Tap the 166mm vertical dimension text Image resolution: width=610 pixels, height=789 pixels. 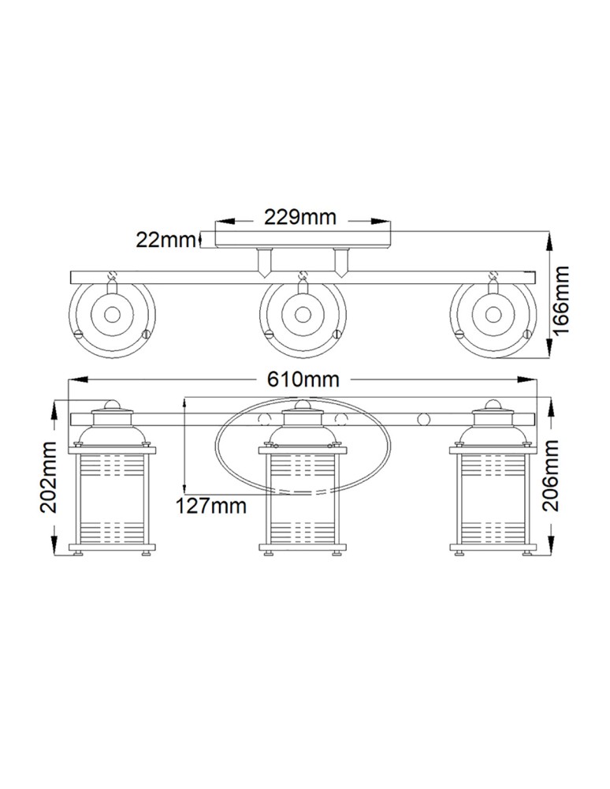pos(560,299)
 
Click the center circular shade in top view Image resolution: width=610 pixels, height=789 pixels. pos(302,314)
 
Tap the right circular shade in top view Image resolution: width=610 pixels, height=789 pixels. pos(493,314)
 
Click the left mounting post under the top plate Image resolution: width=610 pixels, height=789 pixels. pos(263,262)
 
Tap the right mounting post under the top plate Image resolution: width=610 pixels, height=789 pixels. pos(340,262)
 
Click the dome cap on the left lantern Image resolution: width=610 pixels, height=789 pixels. pos(112,406)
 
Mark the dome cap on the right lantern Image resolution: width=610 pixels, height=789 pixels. pos(493,406)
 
